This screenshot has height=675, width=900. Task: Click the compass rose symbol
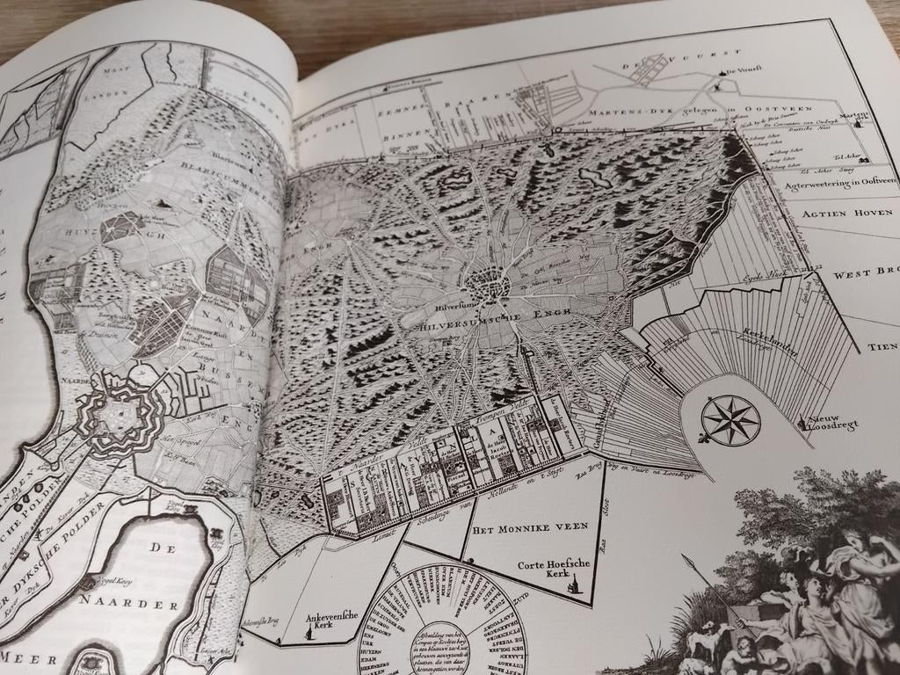point(730,419)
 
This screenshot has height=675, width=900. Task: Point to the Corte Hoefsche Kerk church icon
point(576,583)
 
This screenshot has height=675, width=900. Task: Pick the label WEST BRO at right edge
point(865,274)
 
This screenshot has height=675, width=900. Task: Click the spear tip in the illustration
point(686,556)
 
